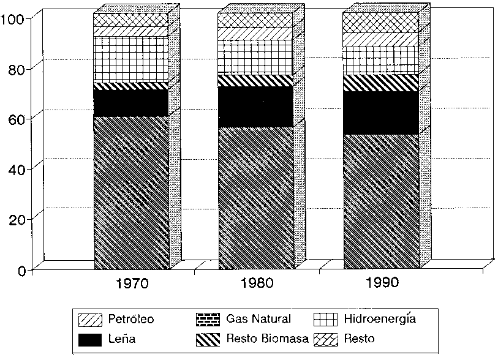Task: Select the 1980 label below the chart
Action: click(258, 283)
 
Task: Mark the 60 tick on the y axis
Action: click(17, 118)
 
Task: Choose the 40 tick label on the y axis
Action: click(17, 168)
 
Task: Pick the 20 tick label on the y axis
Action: click(17, 219)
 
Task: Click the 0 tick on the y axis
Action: click(21, 269)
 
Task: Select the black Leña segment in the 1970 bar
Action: click(131, 102)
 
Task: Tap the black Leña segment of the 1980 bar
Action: click(255, 107)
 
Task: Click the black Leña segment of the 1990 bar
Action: click(381, 113)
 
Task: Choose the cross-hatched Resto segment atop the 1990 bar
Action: click(381, 22)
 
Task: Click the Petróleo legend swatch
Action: click(91, 320)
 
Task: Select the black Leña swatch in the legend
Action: click(91, 338)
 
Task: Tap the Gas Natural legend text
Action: click(258, 319)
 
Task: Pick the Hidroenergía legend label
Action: click(379, 319)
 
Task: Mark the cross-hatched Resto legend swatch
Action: click(325, 338)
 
